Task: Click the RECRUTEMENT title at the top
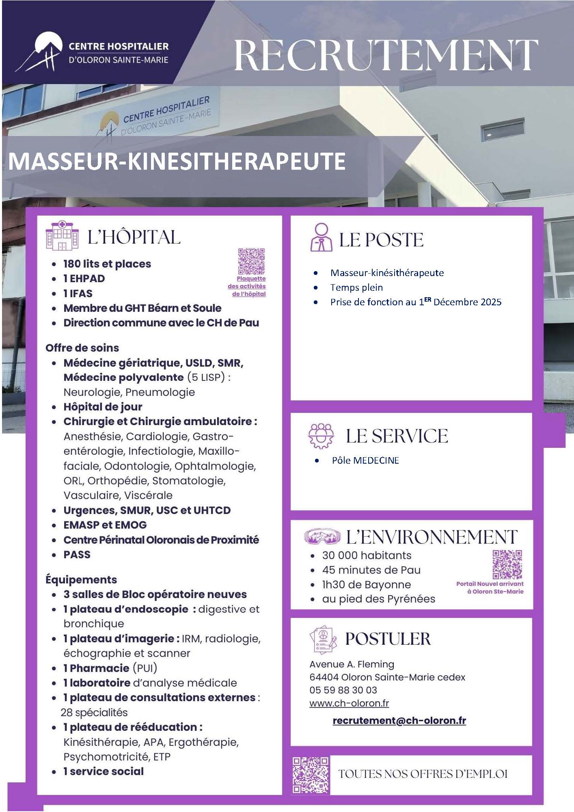pyautogui.click(x=386, y=55)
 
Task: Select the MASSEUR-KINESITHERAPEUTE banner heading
pyautogui.click(x=177, y=161)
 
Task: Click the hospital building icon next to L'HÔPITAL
pyautogui.click(x=61, y=235)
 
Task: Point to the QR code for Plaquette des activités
pyautogui.click(x=251, y=261)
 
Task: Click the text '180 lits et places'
pyautogui.click(x=107, y=264)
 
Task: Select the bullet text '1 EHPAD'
pyautogui.click(x=84, y=279)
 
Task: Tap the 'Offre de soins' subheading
pyautogui.click(x=82, y=348)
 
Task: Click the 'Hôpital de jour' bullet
pyautogui.click(x=103, y=407)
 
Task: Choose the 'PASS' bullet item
pyautogui.click(x=77, y=555)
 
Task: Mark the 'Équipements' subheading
pyautogui.click(x=81, y=579)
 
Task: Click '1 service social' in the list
pyautogui.click(x=104, y=771)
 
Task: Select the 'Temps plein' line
pyautogui.click(x=356, y=287)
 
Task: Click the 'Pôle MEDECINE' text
pyautogui.click(x=365, y=460)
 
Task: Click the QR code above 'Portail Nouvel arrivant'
pyautogui.click(x=507, y=564)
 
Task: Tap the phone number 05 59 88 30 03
pyautogui.click(x=343, y=690)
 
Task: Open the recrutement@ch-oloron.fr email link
pyautogui.click(x=399, y=721)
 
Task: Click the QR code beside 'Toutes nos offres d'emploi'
pyautogui.click(x=311, y=775)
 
